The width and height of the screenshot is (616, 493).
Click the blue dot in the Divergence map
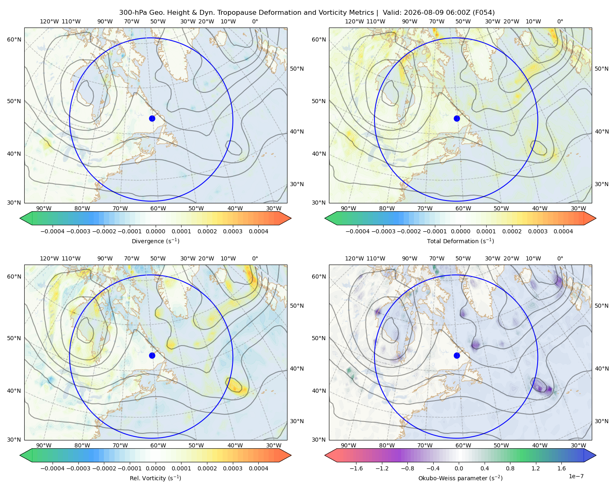coord(152,118)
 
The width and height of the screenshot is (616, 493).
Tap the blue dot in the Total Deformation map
coord(457,118)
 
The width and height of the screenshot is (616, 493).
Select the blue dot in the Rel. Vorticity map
coord(152,355)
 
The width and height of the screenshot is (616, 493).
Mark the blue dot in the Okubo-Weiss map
coord(457,355)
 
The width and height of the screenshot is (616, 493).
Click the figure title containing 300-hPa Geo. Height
coord(307,12)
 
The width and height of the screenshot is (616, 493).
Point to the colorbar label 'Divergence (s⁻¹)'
coord(155,241)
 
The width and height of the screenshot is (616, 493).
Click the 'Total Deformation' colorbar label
coord(460,241)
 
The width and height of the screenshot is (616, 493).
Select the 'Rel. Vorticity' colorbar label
coord(155,478)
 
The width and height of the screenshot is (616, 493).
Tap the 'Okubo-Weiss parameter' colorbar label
coord(460,478)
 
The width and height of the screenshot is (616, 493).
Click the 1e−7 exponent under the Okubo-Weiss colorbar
coord(576,476)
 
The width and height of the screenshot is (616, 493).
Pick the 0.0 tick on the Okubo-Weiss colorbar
coord(459,468)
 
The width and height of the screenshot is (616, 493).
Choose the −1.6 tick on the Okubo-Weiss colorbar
coord(356,468)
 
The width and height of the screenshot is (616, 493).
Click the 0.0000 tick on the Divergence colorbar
coord(155,231)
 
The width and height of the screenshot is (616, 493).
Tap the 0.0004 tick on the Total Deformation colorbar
coord(563,231)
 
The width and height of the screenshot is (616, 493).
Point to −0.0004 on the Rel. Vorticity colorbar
coord(53,468)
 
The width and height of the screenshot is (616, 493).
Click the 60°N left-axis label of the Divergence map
coord(14,39)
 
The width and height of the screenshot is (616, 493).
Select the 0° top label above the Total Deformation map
coord(560,21)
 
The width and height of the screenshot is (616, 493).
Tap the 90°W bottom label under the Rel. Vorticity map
coord(44,445)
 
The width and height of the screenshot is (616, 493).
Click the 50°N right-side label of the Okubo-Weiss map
coord(601,306)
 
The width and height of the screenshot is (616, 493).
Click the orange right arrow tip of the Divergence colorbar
coord(291,218)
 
